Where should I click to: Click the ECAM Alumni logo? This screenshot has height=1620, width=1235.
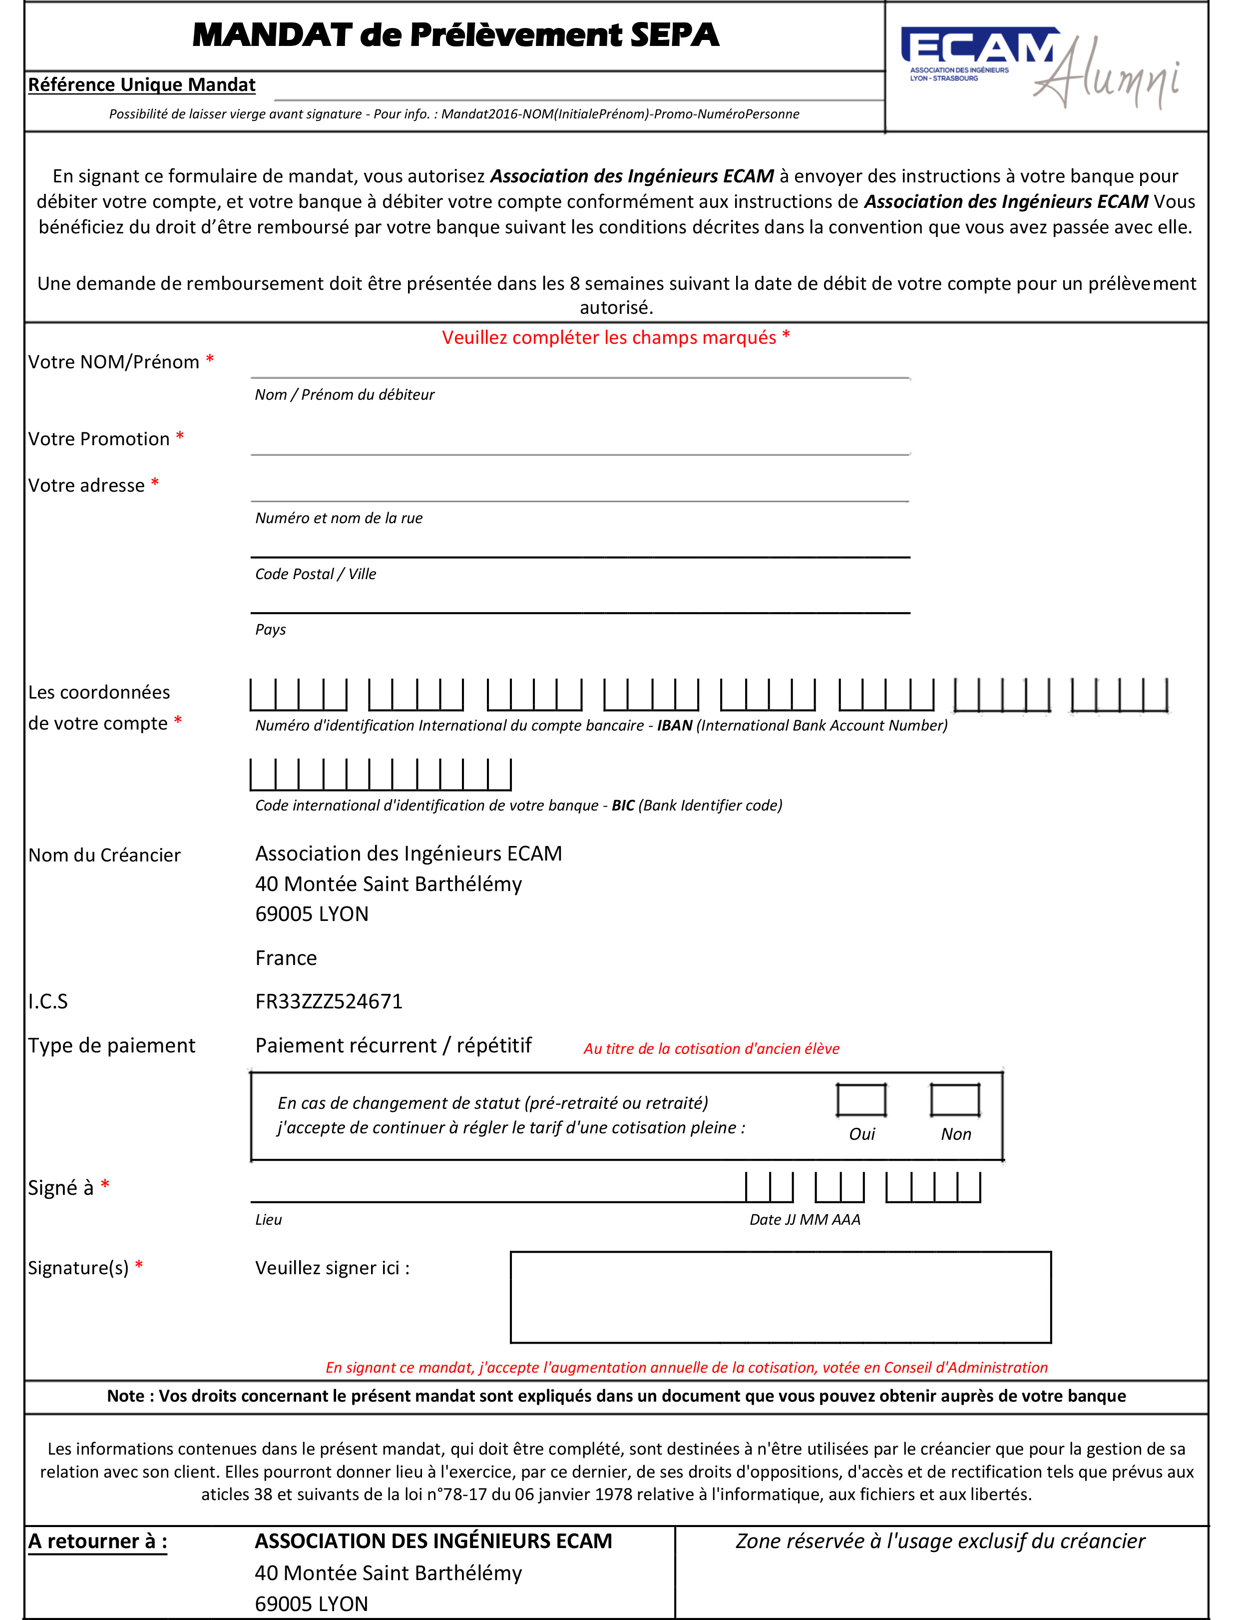tap(1040, 67)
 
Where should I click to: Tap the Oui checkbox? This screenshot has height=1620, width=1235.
tap(861, 1100)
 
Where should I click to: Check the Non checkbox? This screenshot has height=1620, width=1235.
tap(955, 1100)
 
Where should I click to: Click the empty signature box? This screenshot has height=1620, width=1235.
tap(780, 1297)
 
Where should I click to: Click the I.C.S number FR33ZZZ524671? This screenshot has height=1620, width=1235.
tap(329, 1001)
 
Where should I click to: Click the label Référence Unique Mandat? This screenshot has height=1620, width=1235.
tap(142, 85)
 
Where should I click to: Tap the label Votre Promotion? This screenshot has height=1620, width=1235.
tap(99, 439)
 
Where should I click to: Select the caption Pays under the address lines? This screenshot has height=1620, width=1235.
tap(271, 630)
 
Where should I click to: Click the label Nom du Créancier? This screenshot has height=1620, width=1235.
tap(104, 855)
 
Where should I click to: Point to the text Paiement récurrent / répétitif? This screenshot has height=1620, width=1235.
tap(394, 1046)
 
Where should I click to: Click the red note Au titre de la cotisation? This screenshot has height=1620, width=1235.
tap(711, 1049)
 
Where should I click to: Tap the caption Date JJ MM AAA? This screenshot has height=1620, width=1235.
tap(804, 1219)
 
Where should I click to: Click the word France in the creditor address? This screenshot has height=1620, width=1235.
tap(286, 958)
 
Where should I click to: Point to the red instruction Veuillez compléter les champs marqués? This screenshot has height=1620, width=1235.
tap(615, 337)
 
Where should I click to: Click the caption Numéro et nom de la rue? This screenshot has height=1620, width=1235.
tap(339, 518)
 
